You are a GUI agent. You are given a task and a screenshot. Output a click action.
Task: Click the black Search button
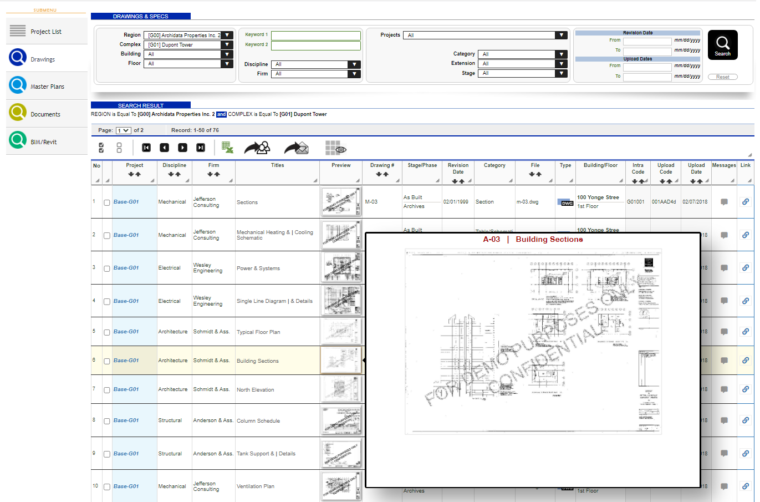point(722,44)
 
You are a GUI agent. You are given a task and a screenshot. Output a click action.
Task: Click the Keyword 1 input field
point(315,36)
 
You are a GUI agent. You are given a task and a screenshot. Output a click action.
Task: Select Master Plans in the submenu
point(47,87)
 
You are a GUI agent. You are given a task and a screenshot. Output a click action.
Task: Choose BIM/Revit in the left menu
point(43,142)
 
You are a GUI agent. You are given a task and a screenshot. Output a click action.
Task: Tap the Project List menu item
point(45,32)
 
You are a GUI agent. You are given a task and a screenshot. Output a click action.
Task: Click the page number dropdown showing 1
point(123,130)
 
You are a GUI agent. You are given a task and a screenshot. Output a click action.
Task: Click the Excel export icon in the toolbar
point(227,148)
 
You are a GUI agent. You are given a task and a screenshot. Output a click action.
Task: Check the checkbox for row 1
point(107,202)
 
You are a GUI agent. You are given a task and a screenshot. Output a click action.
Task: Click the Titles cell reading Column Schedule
point(258,421)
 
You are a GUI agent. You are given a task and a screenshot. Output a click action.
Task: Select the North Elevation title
point(255,390)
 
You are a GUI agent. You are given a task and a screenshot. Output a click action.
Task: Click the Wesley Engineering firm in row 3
point(207,268)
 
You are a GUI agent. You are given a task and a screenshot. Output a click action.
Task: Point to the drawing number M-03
point(371,202)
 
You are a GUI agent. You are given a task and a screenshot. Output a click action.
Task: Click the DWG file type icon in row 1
point(565,202)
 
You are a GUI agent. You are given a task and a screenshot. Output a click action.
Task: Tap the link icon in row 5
point(746,331)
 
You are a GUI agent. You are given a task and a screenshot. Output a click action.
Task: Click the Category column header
point(494,165)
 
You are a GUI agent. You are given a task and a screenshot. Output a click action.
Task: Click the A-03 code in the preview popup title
point(491,240)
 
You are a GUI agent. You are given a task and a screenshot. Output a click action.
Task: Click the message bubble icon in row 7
point(724,389)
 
